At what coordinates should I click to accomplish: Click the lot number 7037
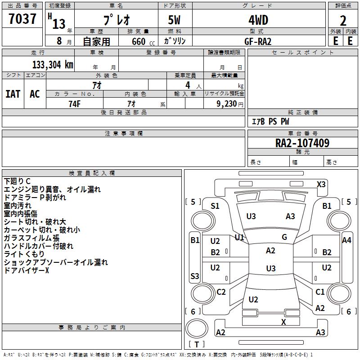tap(22, 19)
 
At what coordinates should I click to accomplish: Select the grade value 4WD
tap(258, 20)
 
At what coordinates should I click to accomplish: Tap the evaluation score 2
tap(343, 20)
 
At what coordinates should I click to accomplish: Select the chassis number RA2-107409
tap(302, 144)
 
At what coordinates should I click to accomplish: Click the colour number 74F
tap(75, 103)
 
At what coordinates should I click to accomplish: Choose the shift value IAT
tap(13, 94)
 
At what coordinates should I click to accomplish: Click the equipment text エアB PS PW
tap(270, 121)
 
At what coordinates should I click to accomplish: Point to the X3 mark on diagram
tap(321, 184)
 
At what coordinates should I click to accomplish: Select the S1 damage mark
tap(215, 206)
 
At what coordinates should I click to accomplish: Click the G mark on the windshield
tap(284, 237)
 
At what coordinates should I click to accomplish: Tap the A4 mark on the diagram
tap(346, 240)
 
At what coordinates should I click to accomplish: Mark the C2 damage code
tap(221, 292)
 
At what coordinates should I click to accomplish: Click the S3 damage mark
tap(194, 276)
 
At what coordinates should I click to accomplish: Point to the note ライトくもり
tap(24, 254)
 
